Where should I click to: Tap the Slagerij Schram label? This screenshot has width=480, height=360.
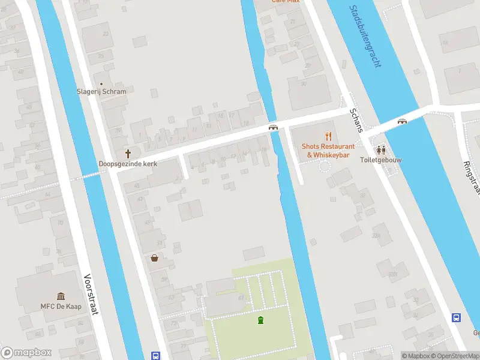coord(101,92)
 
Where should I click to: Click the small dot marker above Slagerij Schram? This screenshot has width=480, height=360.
coord(101,83)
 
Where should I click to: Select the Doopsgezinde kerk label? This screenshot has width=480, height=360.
coord(127,164)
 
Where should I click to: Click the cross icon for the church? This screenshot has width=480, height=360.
coord(127,153)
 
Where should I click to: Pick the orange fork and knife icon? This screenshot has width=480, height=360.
coord(328,136)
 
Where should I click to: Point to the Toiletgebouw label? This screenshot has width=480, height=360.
coord(380,160)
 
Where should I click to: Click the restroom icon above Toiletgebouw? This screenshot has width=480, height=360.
coord(380,149)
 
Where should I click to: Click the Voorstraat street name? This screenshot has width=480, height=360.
coord(91,295)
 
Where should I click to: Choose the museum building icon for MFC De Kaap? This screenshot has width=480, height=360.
coord(61,296)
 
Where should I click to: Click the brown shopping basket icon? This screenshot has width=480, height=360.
coord(155,258)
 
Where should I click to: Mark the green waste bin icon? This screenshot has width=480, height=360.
coord(260,320)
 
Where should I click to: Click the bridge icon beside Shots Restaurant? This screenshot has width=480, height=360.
coord(273,127)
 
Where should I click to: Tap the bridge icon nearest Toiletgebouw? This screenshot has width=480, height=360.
coord(402,121)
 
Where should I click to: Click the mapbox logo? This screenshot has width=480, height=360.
coord(26,353)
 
